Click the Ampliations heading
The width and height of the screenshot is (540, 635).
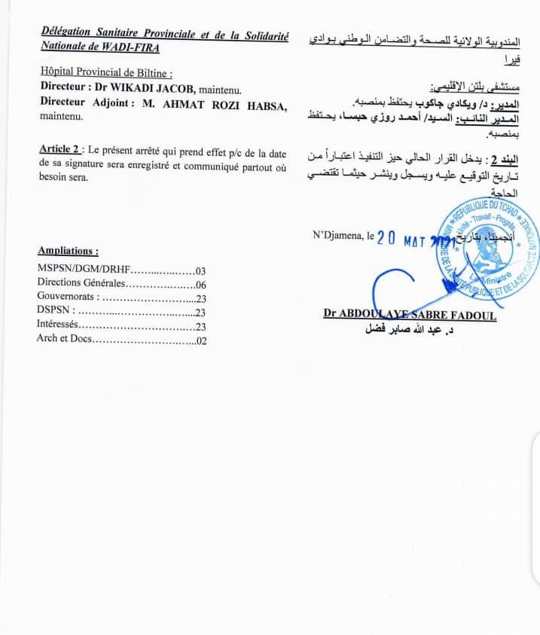(x=68, y=252)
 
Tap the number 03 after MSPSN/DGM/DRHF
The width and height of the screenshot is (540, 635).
(x=200, y=270)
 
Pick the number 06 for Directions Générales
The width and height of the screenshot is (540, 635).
(x=200, y=285)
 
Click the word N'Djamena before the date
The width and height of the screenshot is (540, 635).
(x=338, y=236)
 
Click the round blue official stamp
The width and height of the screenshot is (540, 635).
(x=485, y=249)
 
